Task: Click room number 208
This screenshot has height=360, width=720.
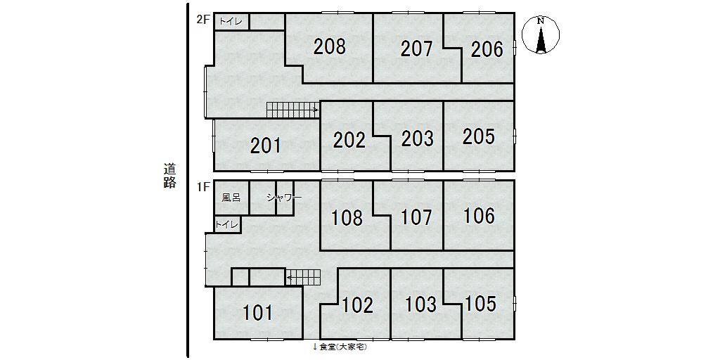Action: [x=329, y=47]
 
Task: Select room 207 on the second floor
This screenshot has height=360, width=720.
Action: [x=416, y=49]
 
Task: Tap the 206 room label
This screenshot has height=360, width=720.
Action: [x=487, y=50]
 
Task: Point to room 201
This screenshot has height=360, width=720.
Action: [x=266, y=146]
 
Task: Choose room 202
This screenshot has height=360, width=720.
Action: [x=349, y=141]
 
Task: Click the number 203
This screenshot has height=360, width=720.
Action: [x=418, y=139]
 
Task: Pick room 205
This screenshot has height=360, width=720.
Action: [x=478, y=136]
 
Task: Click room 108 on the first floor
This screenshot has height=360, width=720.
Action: [x=347, y=218]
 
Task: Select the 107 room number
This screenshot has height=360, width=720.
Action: [x=416, y=217]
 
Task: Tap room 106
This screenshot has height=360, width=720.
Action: [x=479, y=216]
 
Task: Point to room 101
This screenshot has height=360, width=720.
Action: [x=257, y=313]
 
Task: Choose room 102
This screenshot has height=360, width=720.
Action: [x=358, y=305]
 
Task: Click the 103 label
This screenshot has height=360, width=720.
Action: [x=420, y=304]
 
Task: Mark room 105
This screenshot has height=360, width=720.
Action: [x=480, y=304]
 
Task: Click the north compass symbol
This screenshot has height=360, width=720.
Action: [x=541, y=35]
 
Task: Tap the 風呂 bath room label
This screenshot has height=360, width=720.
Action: [x=231, y=198]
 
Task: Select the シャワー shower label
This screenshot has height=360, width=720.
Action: [x=284, y=198]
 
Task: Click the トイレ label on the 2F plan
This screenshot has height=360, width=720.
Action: [x=231, y=21]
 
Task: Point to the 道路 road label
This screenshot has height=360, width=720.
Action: [x=169, y=175]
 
